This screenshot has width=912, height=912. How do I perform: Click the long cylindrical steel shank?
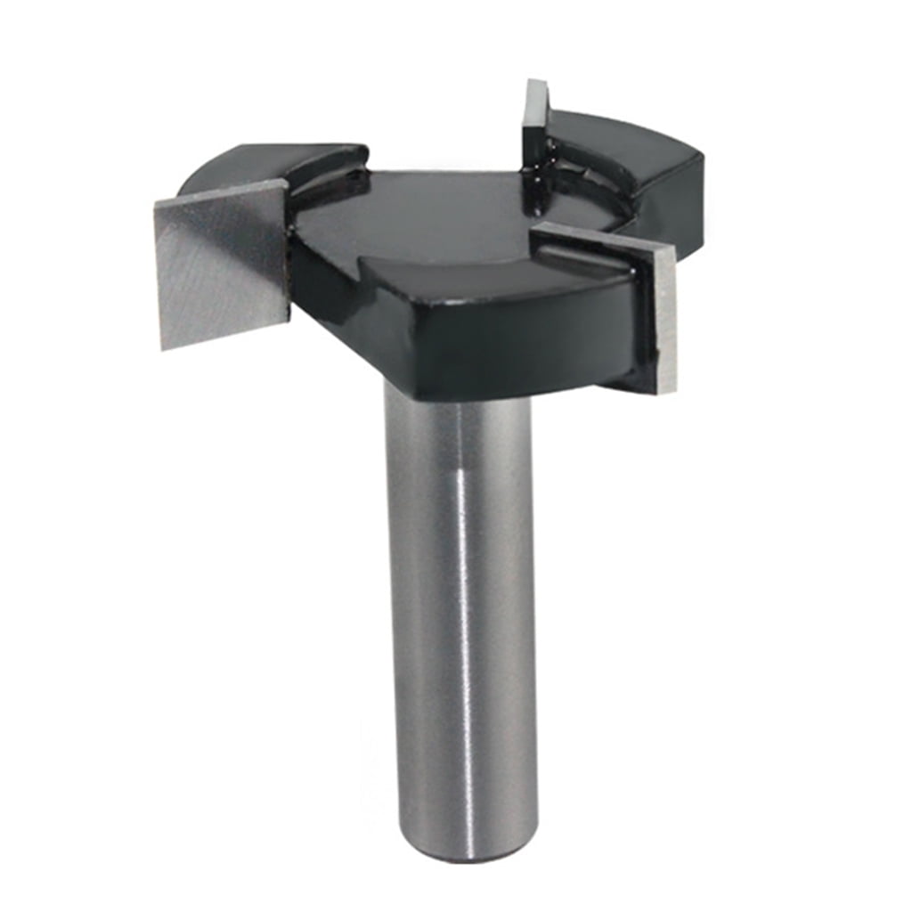460,579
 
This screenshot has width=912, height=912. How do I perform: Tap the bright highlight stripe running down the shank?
462,579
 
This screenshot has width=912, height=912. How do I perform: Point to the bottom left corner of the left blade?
162,346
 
